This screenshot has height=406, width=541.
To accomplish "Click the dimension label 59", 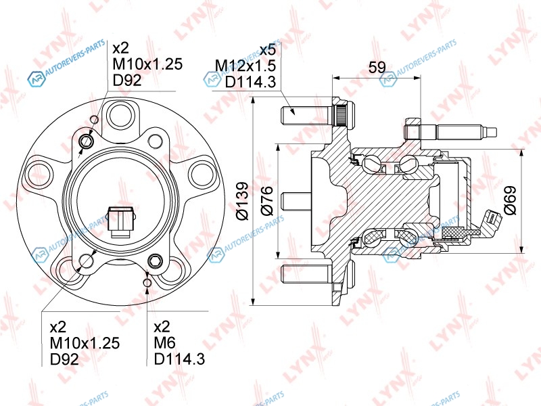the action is [x=377, y=66].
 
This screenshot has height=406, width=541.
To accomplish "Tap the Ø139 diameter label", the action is [x=242, y=200].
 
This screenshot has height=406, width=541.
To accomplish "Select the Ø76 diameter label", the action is [x=266, y=200].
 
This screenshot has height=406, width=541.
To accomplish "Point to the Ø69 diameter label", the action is [x=510, y=200].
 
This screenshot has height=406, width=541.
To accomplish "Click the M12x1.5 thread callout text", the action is [x=245, y=66].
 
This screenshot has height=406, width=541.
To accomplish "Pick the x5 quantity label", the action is [x=267, y=49].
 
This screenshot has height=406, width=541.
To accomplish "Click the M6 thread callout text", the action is [x=164, y=342].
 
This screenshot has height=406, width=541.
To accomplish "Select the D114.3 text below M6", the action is [x=179, y=359].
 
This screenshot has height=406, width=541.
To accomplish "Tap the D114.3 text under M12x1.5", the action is [x=250, y=82].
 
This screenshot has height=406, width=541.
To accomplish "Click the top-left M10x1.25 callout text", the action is [x=147, y=64].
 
